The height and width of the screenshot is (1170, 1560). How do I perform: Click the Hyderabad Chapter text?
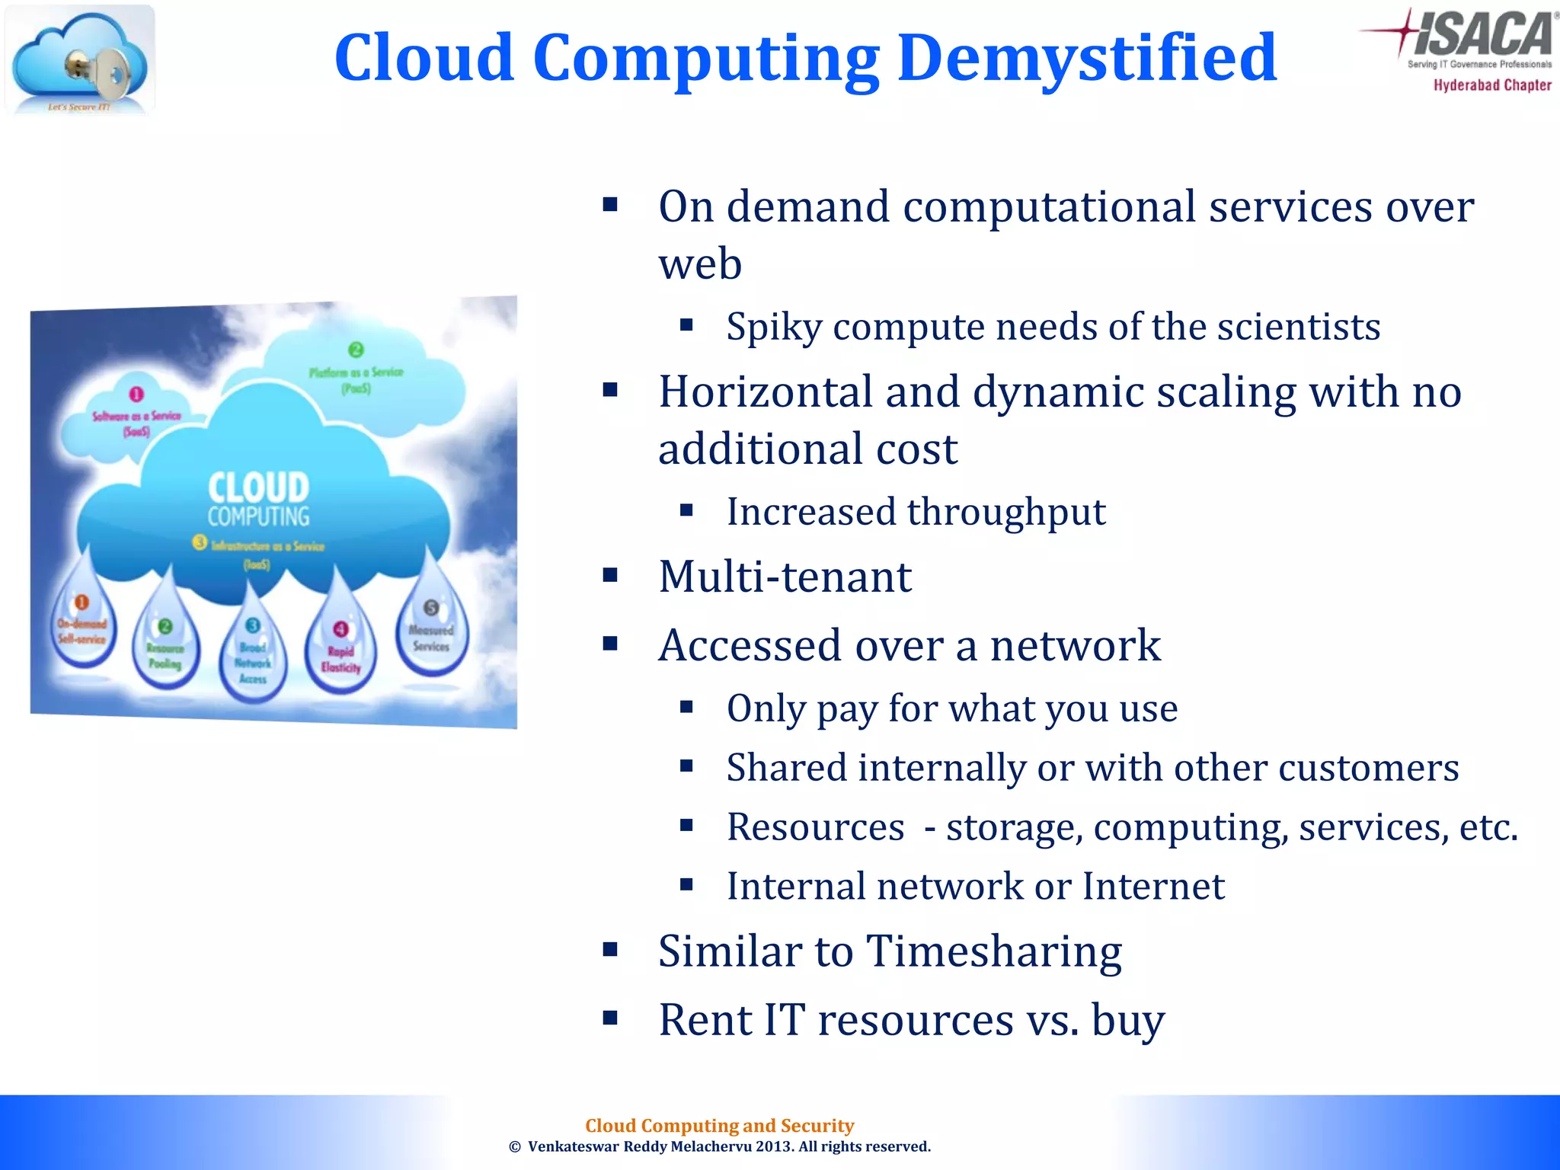[1492, 85]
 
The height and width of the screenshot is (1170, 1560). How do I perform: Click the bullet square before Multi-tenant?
[610, 575]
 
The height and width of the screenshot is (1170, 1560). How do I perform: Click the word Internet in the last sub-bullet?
[1153, 886]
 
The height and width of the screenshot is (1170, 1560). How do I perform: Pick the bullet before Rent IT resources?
[610, 1018]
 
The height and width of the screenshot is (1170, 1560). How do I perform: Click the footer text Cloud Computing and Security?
[719, 1125]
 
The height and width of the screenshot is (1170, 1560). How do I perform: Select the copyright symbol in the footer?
[515, 1147]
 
